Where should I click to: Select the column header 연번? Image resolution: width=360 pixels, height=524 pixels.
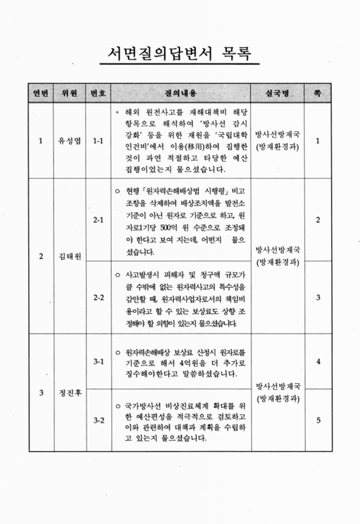click(41, 92)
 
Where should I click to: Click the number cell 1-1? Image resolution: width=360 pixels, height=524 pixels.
click(99, 140)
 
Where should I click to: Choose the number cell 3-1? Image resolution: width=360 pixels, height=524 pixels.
click(99, 360)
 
